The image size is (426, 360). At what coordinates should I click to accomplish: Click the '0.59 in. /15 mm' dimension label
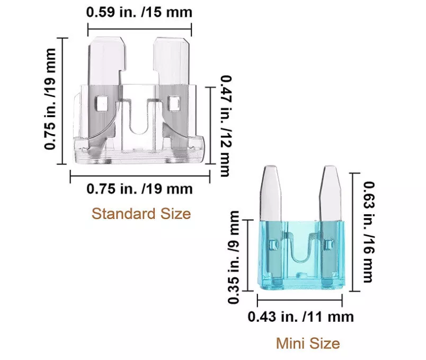pyautogui.click(x=139, y=12)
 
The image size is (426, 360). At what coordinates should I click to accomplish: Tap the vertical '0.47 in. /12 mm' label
pyautogui.click(x=226, y=126)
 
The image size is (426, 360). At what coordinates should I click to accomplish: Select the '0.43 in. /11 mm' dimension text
pyautogui.click(x=301, y=317)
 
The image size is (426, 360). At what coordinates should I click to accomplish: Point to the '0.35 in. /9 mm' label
pyautogui.click(x=234, y=257)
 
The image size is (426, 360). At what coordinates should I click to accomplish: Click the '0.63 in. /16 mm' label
pyautogui.click(x=369, y=232)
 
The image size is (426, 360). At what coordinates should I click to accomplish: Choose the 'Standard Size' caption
pyautogui.click(x=141, y=214)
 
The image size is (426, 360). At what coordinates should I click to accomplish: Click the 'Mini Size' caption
pyautogui.click(x=308, y=344)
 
